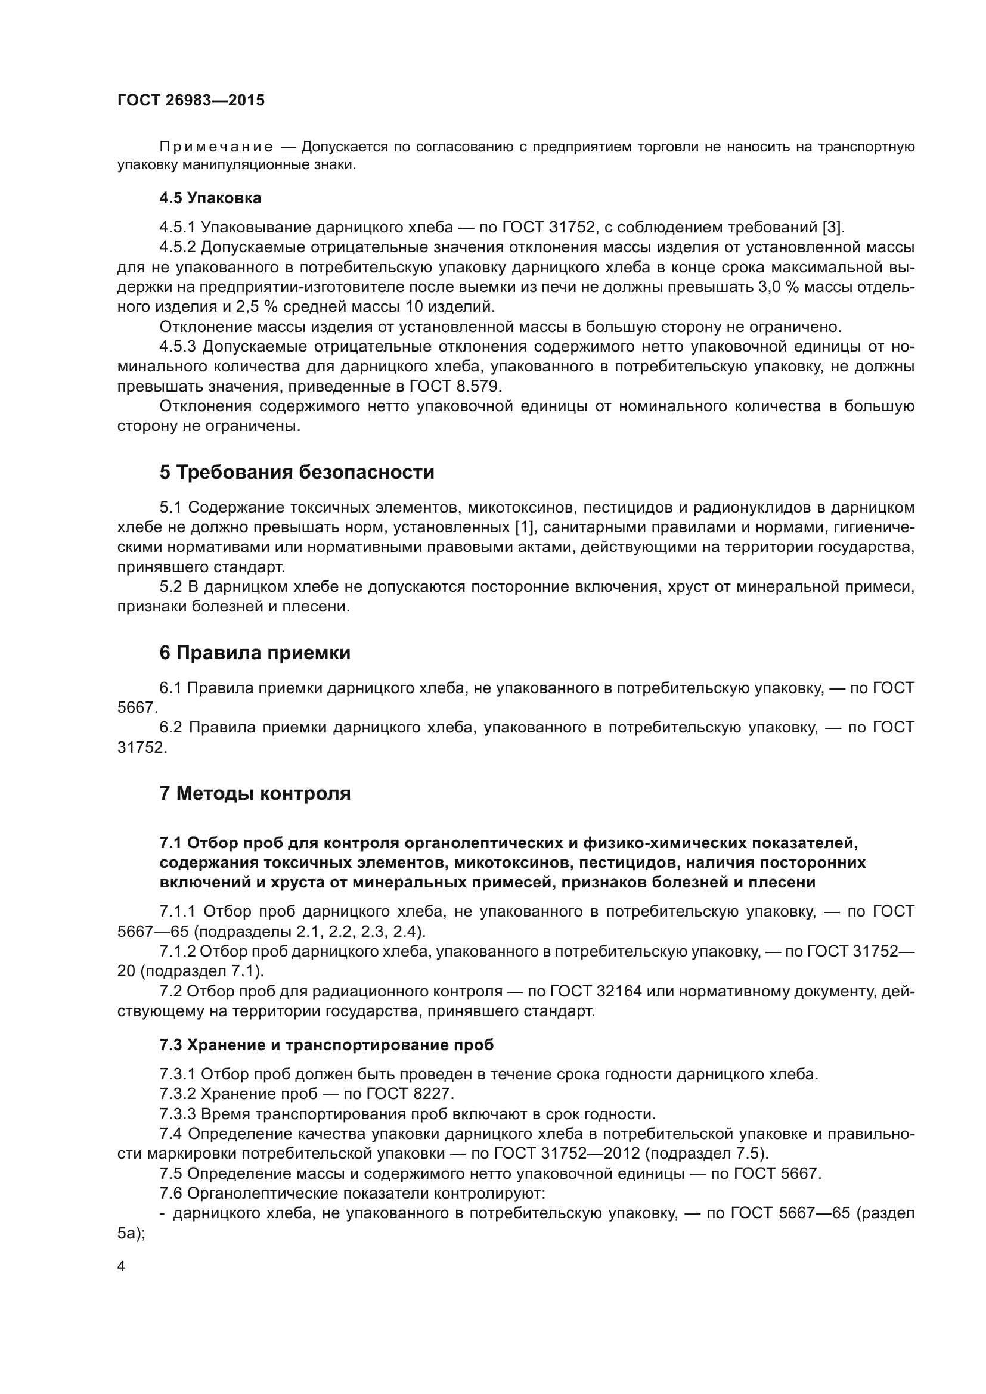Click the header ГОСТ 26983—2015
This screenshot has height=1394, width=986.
(191, 100)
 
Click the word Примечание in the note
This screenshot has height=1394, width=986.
(216, 147)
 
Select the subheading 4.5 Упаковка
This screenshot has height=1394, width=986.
(210, 198)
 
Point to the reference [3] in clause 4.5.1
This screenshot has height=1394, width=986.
(832, 228)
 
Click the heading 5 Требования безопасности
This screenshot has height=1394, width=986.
(297, 472)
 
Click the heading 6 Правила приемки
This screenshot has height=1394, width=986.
(255, 653)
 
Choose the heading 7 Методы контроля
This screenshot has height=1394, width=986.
(255, 793)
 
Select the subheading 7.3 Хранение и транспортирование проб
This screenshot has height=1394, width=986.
(327, 1044)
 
